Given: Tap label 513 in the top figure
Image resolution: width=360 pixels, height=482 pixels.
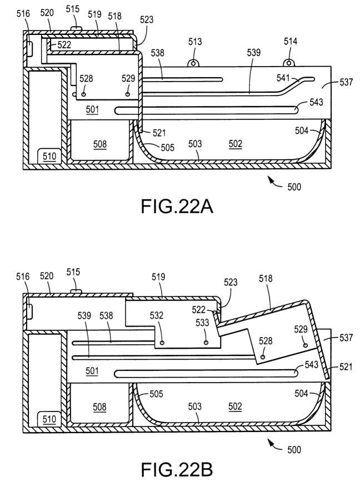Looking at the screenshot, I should (195, 42).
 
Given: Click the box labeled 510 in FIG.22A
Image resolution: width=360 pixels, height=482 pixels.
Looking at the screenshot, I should (49, 157).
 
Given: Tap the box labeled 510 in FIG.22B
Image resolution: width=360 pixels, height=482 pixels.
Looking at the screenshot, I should (49, 418).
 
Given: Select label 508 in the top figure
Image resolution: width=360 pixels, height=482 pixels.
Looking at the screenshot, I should (100, 144).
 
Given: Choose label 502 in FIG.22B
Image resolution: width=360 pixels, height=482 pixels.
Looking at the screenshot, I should (236, 406).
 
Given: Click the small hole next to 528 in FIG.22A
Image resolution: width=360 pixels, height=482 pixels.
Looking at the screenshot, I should (84, 95).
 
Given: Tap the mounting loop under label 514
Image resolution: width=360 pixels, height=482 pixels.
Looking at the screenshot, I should (289, 63).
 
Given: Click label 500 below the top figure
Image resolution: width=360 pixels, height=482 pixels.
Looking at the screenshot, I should (294, 187).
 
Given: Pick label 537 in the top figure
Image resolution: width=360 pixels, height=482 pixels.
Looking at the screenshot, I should (346, 83).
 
